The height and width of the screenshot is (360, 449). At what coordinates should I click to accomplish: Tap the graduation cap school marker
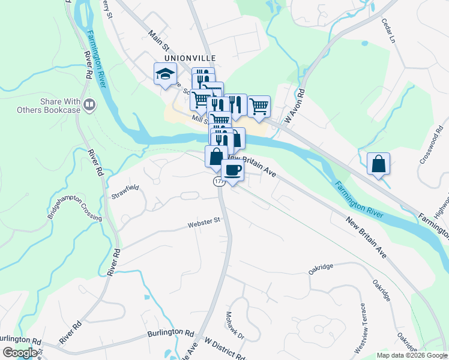165,74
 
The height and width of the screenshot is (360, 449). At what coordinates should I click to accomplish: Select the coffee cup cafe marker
233,170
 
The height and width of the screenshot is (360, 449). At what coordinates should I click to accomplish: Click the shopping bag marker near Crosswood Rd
378,164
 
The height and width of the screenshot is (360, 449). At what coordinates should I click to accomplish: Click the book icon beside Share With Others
90,106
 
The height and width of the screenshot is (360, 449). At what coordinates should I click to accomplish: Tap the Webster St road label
204,223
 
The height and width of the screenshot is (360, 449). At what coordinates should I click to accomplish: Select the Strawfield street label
125,192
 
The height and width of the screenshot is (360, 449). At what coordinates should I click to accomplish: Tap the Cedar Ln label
390,29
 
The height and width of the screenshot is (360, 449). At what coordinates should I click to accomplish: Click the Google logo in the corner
20,353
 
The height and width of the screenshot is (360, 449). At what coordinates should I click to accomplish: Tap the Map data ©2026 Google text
411,355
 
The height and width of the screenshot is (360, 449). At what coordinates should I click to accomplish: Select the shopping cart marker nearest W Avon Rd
259,106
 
